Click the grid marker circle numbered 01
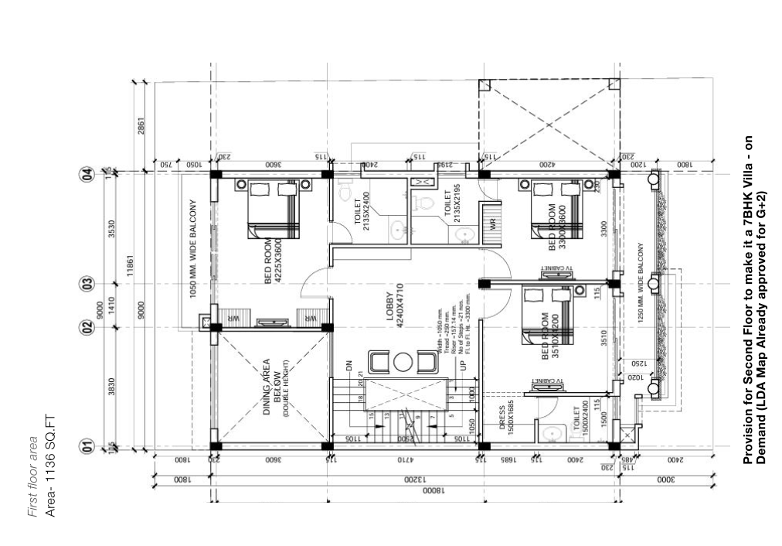87,446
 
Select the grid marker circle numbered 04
87,173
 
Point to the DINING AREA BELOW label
274,387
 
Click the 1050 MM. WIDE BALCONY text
193,249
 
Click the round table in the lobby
403,362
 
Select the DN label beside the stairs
348,364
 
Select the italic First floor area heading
32,479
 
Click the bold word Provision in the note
747,438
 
